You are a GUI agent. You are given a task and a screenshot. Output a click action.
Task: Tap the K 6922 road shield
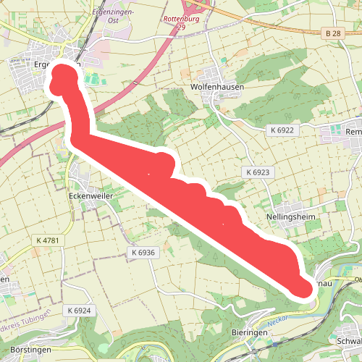coord(282,130)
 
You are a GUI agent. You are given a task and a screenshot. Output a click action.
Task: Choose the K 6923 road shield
coord(257,173)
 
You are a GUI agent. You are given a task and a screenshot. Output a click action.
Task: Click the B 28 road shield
coord(332,33)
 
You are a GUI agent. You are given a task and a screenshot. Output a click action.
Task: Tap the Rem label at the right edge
coord(353,132)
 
